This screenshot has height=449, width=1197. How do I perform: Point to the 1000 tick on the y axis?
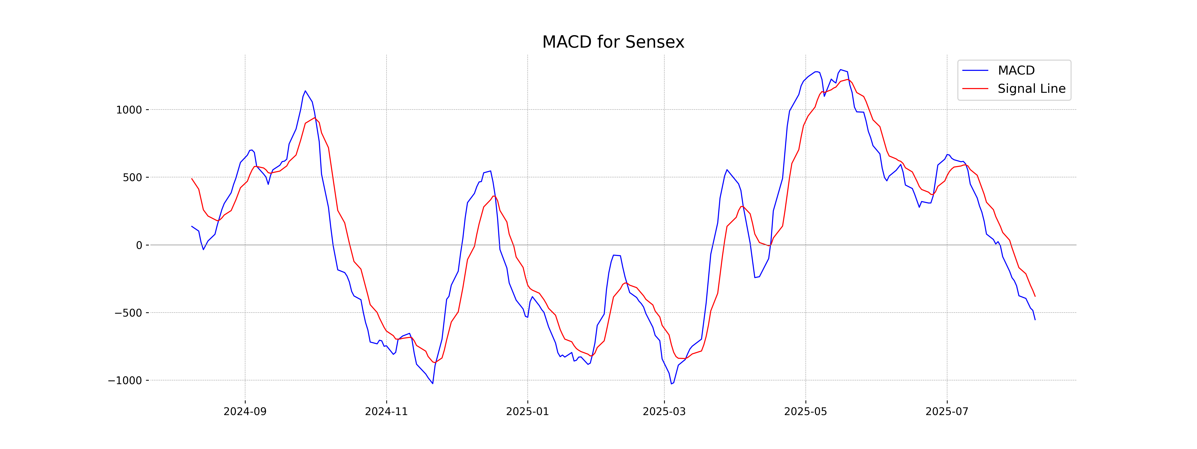pos(129,110)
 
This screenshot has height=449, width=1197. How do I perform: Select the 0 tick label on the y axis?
pos(139,245)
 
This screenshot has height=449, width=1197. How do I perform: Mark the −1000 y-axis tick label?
pos(125,381)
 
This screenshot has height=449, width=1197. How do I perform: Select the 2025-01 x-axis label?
pos(527,412)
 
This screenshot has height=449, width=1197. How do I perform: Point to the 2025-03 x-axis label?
pos(664,412)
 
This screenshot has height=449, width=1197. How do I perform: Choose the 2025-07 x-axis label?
pos(947,412)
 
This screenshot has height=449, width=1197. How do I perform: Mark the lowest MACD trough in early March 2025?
pos(672,384)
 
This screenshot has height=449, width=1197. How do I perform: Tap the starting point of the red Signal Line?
pos(192,179)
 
